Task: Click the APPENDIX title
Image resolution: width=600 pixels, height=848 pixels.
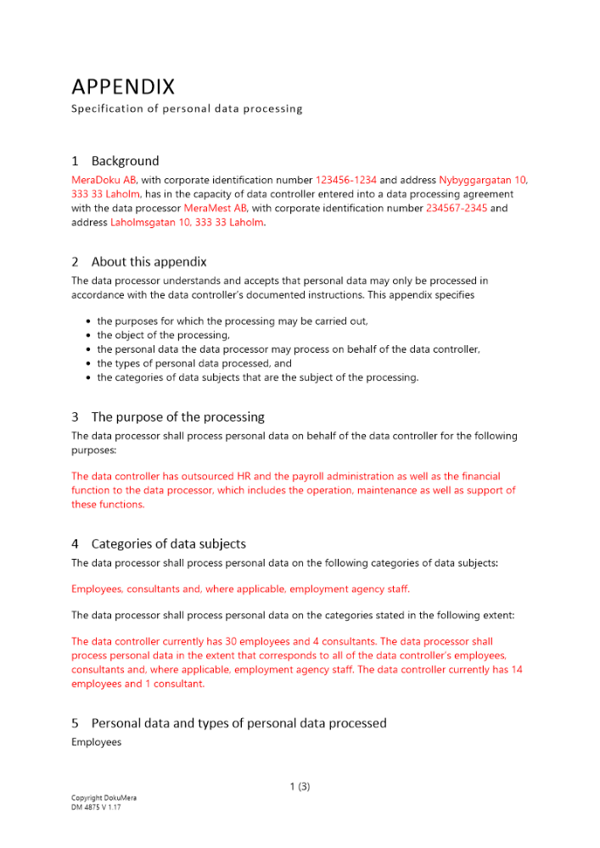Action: [x=123, y=86]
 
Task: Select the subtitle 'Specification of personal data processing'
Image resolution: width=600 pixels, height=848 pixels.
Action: [x=187, y=109]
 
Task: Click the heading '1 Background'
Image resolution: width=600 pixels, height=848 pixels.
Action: [x=115, y=161]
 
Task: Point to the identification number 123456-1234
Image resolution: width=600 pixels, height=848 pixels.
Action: [x=346, y=181]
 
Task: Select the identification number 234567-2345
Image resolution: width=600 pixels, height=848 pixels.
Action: [x=457, y=208]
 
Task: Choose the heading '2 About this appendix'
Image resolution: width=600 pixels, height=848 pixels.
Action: [x=139, y=262]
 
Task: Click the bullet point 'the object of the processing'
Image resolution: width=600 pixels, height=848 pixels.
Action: [x=163, y=335]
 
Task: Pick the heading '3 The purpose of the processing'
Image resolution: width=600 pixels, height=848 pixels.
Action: [x=168, y=417]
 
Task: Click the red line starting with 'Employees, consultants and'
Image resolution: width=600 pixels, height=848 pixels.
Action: [x=240, y=589]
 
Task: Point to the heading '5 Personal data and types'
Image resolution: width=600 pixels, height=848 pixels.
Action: [x=229, y=723]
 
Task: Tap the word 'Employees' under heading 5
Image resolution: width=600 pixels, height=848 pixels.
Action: [x=96, y=743]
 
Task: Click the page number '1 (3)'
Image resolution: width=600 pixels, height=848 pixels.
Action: [x=300, y=786]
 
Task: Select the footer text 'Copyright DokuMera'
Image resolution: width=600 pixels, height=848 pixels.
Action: [x=104, y=799]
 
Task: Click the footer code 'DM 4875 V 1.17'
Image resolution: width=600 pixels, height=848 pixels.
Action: [x=98, y=808]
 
